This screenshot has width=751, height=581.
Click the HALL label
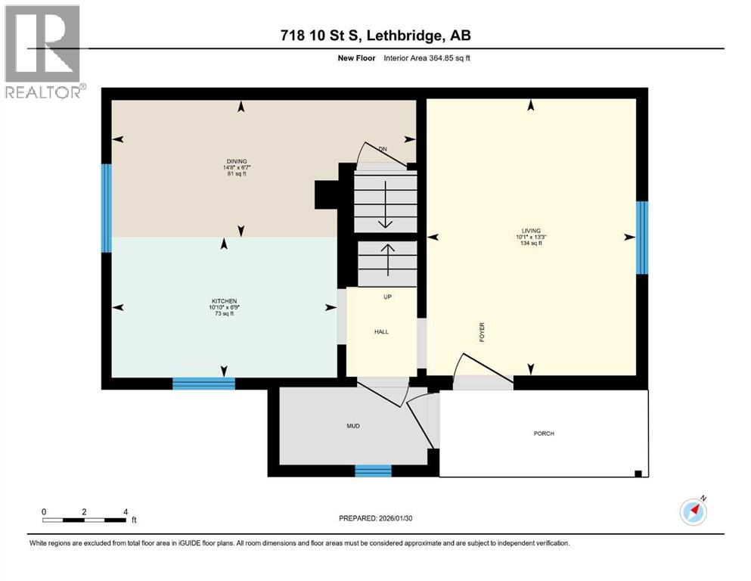[x=381, y=331]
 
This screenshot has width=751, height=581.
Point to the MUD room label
[x=352, y=426]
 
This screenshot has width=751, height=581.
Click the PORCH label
[x=544, y=433]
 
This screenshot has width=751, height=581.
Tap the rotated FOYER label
[x=481, y=333]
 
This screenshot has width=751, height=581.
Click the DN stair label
[x=383, y=149]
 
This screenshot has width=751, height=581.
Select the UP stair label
[x=387, y=297]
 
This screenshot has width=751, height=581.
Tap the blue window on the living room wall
[x=642, y=237]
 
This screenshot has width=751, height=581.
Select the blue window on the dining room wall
[x=107, y=207]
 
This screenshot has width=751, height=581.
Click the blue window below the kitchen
[x=203, y=384]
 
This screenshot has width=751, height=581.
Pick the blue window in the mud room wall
[x=373, y=471]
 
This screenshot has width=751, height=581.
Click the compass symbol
[x=694, y=512]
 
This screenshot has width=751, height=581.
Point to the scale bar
[x=84, y=520]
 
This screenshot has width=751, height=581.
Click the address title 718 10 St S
[x=375, y=36]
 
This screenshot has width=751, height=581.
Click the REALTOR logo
[x=44, y=51]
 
